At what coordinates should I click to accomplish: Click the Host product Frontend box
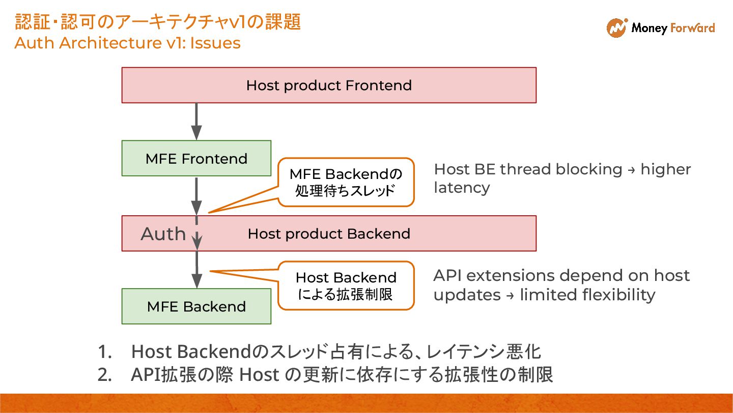[x=329, y=85]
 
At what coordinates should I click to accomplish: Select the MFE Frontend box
[x=196, y=159]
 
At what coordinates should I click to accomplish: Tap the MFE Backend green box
[x=196, y=306]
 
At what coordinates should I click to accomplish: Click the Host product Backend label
[x=329, y=234]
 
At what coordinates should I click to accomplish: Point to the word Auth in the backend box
[x=163, y=234]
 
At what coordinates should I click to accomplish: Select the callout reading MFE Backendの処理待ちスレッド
[x=346, y=182]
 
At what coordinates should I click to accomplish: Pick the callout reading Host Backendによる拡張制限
[x=346, y=286]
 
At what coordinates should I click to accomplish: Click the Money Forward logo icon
[x=616, y=28]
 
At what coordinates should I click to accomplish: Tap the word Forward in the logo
[x=693, y=28]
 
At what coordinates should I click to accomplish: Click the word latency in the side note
[x=462, y=188]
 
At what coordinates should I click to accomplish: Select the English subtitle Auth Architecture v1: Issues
[x=127, y=43]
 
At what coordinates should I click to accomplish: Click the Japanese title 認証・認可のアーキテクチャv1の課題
[x=158, y=22]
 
